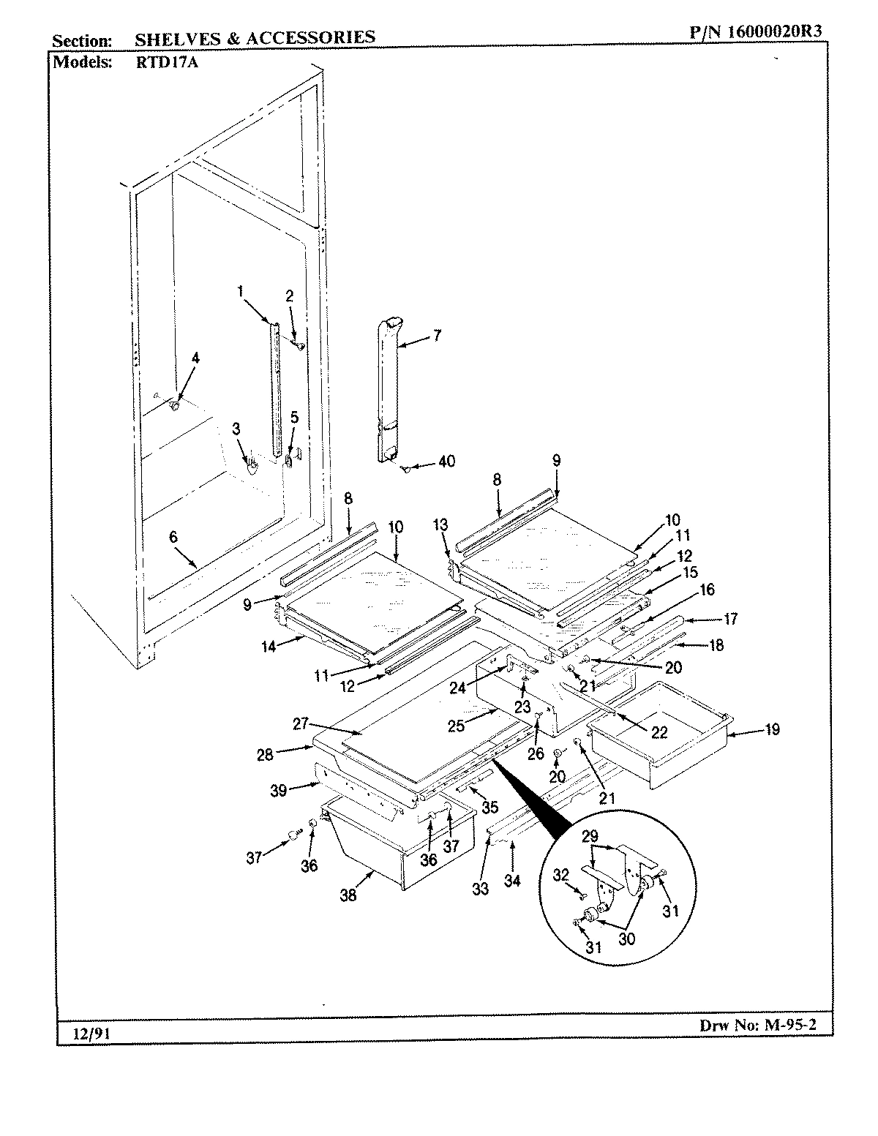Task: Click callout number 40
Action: [x=446, y=461]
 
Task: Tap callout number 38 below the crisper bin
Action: [x=348, y=894]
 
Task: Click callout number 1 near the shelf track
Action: [x=240, y=291]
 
